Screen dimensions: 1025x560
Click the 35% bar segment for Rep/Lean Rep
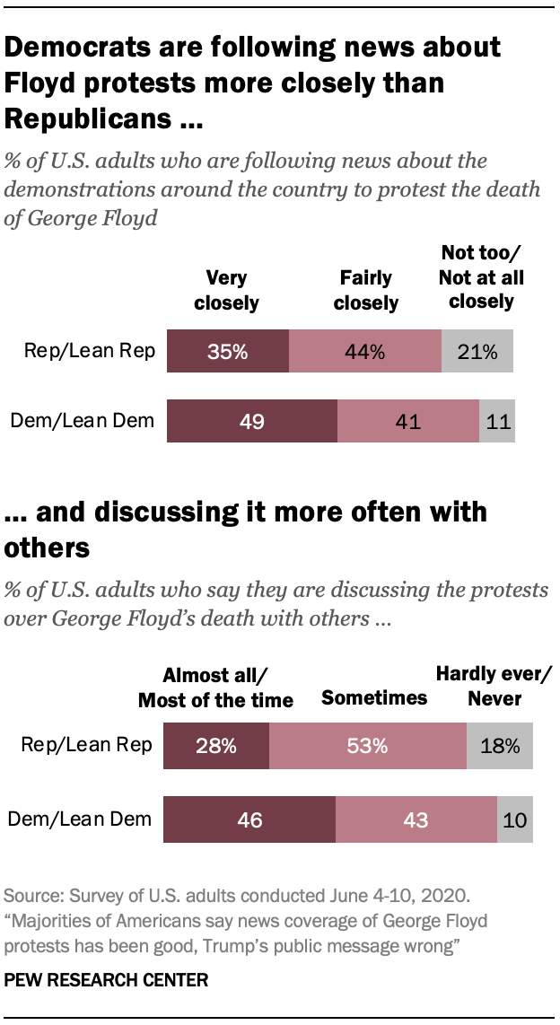point(228,352)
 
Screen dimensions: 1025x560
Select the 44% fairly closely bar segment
point(365,352)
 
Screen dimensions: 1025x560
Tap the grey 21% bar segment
point(477,352)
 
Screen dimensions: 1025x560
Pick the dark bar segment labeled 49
point(252,420)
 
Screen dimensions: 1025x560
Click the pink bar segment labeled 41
point(408,420)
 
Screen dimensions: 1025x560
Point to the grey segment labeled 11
point(497,420)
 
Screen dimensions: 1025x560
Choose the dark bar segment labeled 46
point(249,819)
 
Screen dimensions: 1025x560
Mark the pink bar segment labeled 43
point(416,819)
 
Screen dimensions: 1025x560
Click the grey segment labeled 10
point(515,819)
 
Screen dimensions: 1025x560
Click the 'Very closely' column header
point(226,291)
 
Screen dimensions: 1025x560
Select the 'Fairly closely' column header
point(365,291)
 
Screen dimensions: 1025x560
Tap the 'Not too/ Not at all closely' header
point(481,277)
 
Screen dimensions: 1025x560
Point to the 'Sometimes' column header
point(374,697)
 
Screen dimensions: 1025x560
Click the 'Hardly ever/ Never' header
point(494,686)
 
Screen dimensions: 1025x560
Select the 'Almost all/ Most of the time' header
point(215,688)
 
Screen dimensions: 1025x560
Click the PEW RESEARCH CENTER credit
point(106,981)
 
